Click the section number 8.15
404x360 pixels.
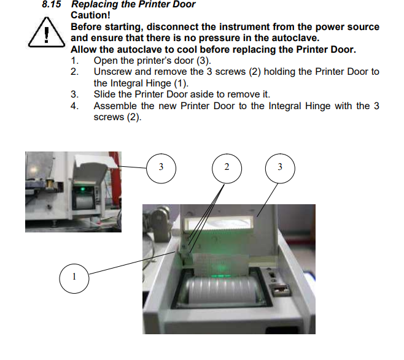(x=52, y=4)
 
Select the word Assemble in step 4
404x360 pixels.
(x=115, y=105)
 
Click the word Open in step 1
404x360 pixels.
(x=104, y=61)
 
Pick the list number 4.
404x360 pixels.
(x=74, y=105)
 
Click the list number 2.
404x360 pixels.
(x=74, y=72)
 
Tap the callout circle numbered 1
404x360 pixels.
(x=74, y=277)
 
